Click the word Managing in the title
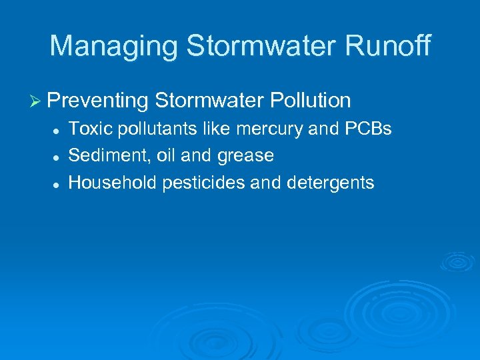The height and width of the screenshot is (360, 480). point(113,47)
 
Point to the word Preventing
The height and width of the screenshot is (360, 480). point(98,101)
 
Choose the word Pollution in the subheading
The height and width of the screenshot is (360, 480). point(310,100)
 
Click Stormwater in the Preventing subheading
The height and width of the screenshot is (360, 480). point(209,100)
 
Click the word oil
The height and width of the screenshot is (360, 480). point(166,155)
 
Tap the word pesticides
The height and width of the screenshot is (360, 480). point(196,183)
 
